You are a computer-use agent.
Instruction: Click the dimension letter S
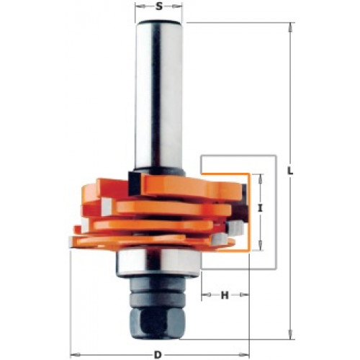pos(158,6)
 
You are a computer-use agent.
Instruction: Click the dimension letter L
pos(291,171)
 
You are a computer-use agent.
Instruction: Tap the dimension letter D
pos(158,354)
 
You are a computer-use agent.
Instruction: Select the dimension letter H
pos(225,295)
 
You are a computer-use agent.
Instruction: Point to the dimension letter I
pos(260,209)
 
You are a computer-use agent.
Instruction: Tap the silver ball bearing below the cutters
pos(158,264)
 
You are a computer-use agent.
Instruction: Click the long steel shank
pos(159,96)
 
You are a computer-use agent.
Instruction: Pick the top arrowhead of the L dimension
pos(290,27)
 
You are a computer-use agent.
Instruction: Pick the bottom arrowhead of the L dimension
pos(290,335)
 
